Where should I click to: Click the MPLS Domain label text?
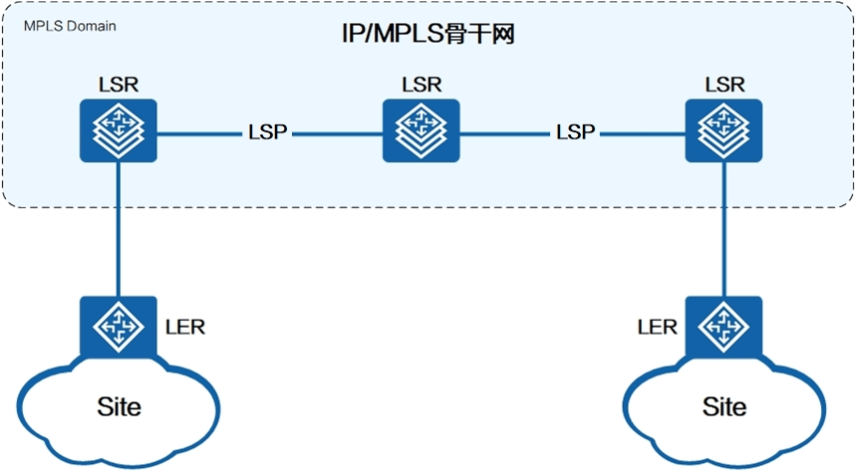(70, 26)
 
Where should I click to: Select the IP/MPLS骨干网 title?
(428, 34)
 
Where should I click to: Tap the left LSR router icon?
(119, 130)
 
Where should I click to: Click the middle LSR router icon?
(421, 130)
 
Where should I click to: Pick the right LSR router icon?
(723, 130)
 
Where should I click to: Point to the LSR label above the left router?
(119, 85)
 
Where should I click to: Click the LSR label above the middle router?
(422, 85)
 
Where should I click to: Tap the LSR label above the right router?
(724, 85)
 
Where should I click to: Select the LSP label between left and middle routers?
(267, 132)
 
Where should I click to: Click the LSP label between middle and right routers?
(575, 132)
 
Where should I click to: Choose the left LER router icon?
(119, 327)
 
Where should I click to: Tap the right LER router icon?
(723, 327)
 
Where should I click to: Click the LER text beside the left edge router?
(185, 328)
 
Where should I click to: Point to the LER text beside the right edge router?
(658, 328)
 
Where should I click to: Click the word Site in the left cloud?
(119, 406)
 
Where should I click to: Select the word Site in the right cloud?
(724, 406)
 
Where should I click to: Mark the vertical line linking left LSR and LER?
(119, 229)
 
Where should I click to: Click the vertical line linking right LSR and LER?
(724, 229)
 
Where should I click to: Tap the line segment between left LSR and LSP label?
(200, 133)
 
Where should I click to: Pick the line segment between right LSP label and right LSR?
(643, 133)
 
